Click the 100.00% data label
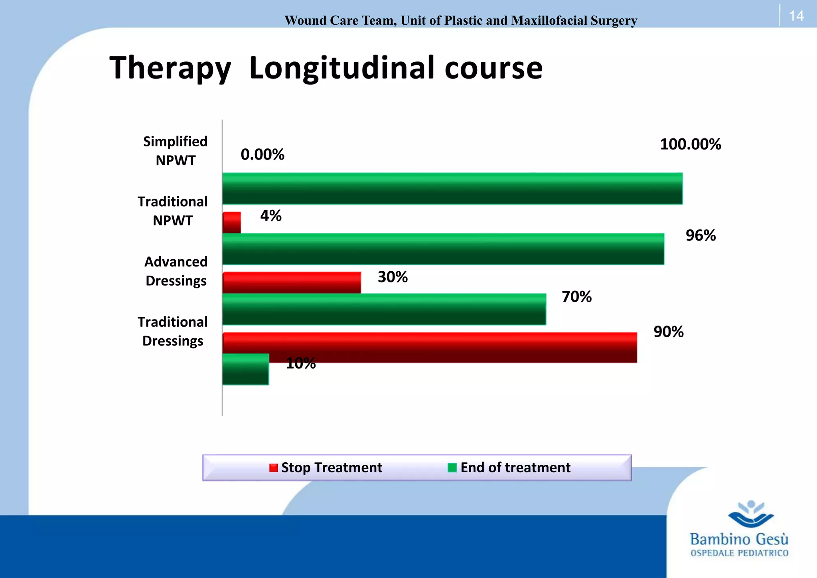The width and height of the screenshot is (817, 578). (690, 144)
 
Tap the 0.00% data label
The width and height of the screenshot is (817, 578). (262, 154)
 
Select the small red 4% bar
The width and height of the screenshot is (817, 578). (232, 222)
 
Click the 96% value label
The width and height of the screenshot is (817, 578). (701, 235)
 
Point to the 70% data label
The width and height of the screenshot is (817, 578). (576, 297)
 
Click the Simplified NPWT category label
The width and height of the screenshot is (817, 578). (176, 151)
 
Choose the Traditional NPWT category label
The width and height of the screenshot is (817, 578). (173, 211)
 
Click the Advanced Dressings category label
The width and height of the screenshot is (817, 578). (176, 271)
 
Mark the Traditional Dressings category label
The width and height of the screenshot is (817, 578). (173, 331)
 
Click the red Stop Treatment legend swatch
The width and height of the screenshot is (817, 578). (274, 468)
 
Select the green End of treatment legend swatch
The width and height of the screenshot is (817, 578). (452, 468)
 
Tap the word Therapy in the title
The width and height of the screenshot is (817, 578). (170, 68)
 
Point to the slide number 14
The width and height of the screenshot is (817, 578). (796, 16)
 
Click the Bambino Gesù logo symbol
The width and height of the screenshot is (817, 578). (751, 514)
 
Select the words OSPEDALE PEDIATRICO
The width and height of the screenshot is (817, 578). (739, 553)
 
